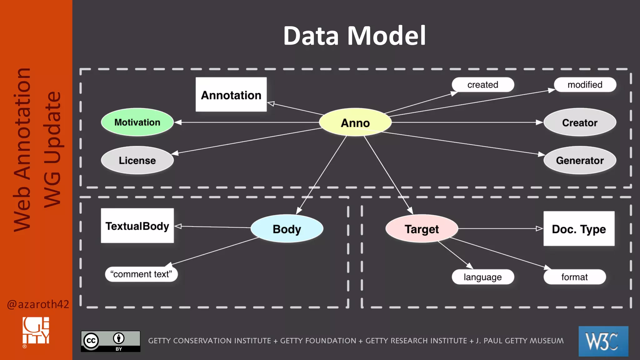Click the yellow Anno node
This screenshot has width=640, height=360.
point(355,122)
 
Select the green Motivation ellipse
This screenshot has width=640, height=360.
point(137,122)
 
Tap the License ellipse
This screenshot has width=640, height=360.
point(137,160)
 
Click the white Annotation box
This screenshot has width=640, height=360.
point(231,95)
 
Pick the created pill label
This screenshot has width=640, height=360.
point(482,85)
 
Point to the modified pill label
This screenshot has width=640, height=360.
point(585,85)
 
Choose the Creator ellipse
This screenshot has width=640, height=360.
point(580,122)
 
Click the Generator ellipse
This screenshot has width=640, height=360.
point(580,160)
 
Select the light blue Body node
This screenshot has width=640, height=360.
point(287,229)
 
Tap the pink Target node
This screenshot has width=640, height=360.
point(422,229)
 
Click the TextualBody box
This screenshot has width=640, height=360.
point(137,226)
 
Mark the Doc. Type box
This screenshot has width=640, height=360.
point(579,229)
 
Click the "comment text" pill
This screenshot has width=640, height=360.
point(141,274)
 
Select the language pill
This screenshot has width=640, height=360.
point(482,277)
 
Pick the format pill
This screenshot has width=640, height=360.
point(574,277)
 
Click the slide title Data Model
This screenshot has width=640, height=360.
point(354,36)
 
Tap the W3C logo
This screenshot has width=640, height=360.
point(603,341)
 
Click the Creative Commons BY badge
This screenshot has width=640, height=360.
point(111,341)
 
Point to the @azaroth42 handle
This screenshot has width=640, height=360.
point(38,304)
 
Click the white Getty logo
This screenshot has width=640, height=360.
point(36,331)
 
